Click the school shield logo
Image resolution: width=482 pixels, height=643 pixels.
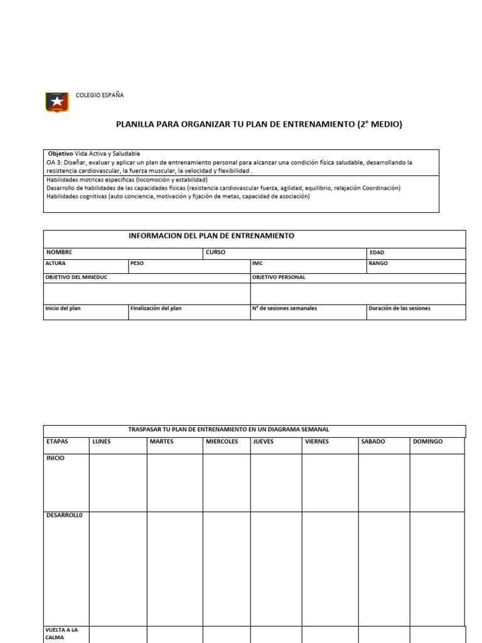click(57, 102)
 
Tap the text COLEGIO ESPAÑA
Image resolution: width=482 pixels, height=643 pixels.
click(100, 95)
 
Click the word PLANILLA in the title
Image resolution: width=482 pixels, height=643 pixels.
click(136, 124)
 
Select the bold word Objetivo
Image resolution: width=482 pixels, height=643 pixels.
click(61, 154)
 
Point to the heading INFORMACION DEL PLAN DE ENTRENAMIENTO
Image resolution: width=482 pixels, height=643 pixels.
click(212, 236)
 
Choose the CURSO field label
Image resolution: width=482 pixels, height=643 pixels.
click(215, 252)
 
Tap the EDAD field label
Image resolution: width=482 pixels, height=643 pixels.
click(377, 252)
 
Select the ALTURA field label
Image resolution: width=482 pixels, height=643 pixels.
click(56, 264)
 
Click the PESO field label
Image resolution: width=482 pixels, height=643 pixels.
click(137, 264)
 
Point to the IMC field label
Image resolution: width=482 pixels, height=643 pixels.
click(257, 264)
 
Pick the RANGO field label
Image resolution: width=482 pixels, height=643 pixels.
click(379, 264)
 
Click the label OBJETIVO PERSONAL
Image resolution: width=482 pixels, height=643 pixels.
click(279, 278)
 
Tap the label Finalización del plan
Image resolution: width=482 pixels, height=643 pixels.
click(156, 309)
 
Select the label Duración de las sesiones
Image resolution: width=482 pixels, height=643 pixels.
click(400, 309)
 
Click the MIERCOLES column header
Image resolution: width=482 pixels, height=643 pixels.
click(222, 441)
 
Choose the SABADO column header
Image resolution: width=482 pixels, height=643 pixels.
click(373, 441)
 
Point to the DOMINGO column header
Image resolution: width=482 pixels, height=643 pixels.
click(427, 441)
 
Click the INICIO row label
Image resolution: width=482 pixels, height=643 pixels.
click(56, 458)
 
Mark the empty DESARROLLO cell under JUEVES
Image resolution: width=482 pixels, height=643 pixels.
click(276, 565)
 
